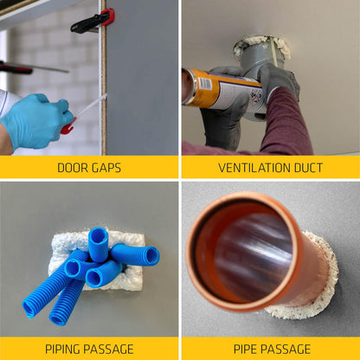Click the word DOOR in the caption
tap(73, 168)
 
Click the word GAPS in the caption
tap(107, 168)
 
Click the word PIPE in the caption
tap(247, 349)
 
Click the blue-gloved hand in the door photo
tap(35, 121)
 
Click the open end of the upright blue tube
tap(99, 235)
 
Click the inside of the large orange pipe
tap(251, 255)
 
